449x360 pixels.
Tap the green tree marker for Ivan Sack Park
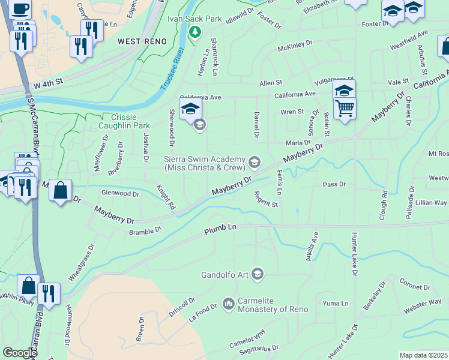(x=194, y=32)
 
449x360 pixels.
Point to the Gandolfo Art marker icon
(x=258, y=274)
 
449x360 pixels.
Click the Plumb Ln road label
(x=221, y=230)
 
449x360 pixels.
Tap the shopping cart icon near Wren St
(x=345, y=109)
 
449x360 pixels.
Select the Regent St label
(x=265, y=199)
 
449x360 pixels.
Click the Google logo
(x=20, y=352)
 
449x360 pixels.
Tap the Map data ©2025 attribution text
(x=424, y=355)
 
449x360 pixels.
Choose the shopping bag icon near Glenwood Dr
(x=60, y=191)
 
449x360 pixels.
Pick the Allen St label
(x=270, y=82)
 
